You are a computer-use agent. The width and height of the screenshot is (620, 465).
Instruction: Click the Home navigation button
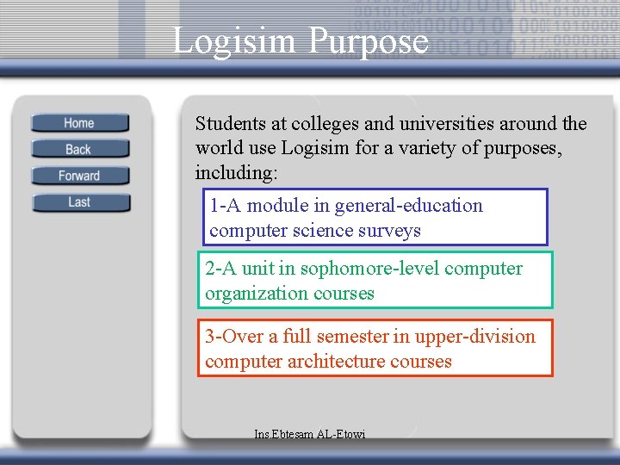pos(79,123)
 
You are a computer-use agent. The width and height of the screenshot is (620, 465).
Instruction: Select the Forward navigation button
pos(79,176)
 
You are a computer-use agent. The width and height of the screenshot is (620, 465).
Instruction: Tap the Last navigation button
pos(79,202)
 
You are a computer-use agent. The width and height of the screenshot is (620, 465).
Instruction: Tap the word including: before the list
pos(237,172)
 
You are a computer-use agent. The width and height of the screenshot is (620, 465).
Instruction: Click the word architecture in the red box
pos(338,362)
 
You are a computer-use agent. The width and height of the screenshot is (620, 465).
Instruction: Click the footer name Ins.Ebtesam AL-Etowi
pos(310,434)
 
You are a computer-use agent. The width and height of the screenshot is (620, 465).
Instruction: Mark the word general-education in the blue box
pos(409,206)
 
